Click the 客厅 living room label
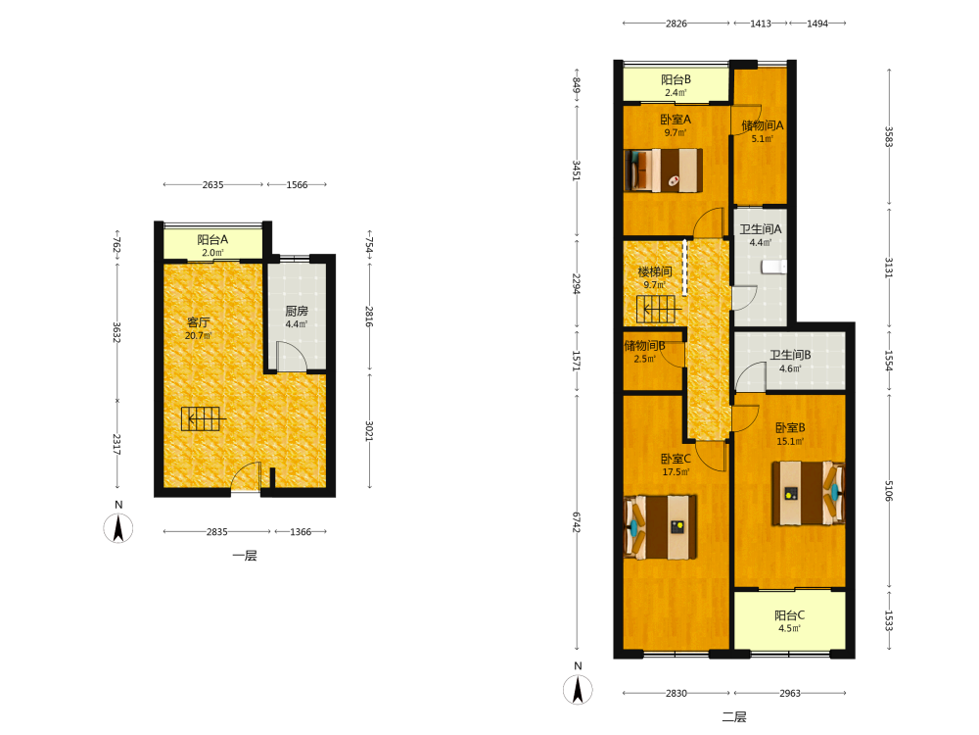pos(199,321)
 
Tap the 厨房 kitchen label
pos(297,311)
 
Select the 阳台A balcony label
pos(212,239)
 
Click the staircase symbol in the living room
pos(201,418)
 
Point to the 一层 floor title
pos(244,556)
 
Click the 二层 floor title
pos(734,717)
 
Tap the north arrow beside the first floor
pos(118,528)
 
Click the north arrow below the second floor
pos(578,689)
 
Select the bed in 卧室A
pos(663,170)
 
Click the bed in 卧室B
pos(808,493)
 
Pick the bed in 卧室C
pos(661,527)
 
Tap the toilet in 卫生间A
pos(774,267)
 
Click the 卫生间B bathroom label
pos(790,355)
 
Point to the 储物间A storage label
pos(762,125)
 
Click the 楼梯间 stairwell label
pos(654,271)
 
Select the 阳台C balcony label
pos(790,615)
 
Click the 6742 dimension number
pos(577,522)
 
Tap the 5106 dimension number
pos(889,491)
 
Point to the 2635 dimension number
pos(212,185)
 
